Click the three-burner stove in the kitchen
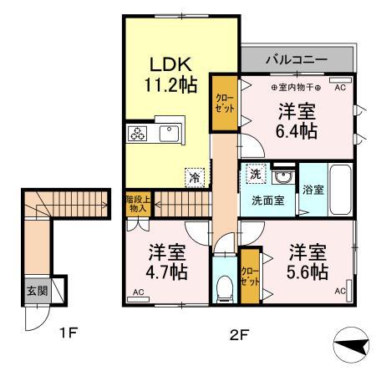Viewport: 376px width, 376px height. point(138,134)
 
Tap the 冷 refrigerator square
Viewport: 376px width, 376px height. point(194,177)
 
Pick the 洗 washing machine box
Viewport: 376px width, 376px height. point(254,176)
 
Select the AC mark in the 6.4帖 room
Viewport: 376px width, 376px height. point(340,86)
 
